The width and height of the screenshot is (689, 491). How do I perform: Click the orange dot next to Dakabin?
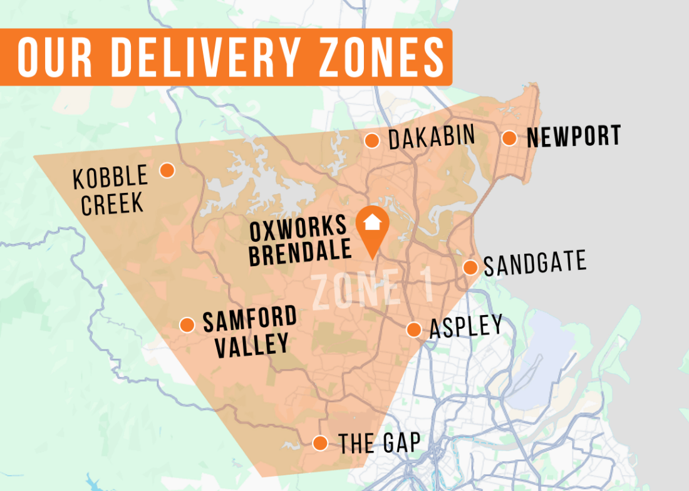372,141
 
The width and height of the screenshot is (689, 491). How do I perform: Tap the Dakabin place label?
432,137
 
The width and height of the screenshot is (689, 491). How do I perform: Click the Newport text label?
574,137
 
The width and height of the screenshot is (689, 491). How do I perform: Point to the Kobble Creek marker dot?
167,170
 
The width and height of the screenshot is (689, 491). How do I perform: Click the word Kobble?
110,178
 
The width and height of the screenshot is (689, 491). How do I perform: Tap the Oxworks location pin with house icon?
372,225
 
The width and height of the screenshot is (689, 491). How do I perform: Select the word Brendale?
299,252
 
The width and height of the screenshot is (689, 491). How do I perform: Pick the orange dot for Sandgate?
470,267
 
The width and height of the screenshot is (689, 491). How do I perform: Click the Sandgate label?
535,264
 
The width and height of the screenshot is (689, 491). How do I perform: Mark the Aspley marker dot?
413,329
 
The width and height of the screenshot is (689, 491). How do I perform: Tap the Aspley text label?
465,327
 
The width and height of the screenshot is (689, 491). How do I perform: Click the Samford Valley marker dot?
187,324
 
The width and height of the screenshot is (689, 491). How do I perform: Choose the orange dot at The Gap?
320,443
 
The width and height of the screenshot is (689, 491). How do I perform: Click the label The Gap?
379,443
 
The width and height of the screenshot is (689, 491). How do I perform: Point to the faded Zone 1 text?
372,288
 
